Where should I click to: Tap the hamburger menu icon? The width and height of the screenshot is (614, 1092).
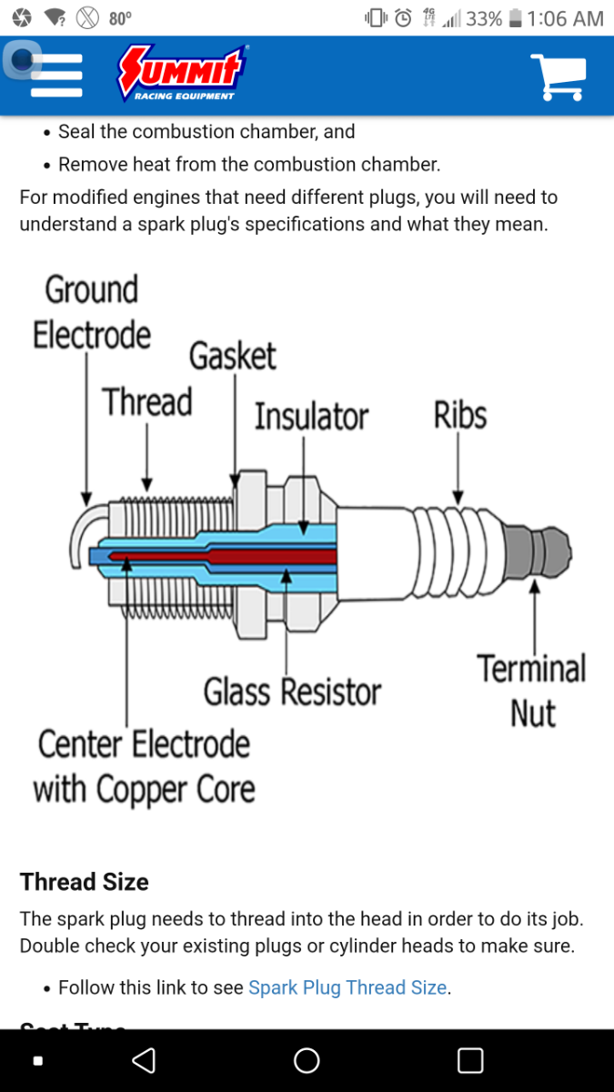click(x=56, y=76)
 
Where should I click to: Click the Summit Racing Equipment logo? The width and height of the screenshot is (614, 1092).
click(x=183, y=74)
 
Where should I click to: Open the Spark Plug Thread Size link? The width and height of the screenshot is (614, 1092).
click(x=347, y=987)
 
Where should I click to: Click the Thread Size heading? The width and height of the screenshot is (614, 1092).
click(x=85, y=882)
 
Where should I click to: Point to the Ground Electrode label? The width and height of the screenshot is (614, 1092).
click(x=91, y=312)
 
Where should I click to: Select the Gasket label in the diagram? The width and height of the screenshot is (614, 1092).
click(x=232, y=356)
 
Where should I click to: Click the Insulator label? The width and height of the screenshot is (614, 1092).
click(x=311, y=416)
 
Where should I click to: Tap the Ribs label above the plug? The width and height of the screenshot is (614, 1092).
click(x=460, y=415)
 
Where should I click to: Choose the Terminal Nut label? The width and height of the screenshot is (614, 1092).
click(x=532, y=691)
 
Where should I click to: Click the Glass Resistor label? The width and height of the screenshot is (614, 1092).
click(x=292, y=692)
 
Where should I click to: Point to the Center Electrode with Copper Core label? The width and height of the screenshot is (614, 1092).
click(x=144, y=766)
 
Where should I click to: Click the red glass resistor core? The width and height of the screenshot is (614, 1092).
click(x=273, y=555)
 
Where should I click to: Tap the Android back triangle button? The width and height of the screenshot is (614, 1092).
click(x=144, y=1060)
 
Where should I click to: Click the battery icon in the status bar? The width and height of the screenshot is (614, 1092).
click(x=516, y=18)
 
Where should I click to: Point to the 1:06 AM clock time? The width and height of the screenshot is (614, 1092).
click(x=565, y=18)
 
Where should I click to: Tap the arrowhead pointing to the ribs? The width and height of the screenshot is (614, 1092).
click(x=458, y=497)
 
